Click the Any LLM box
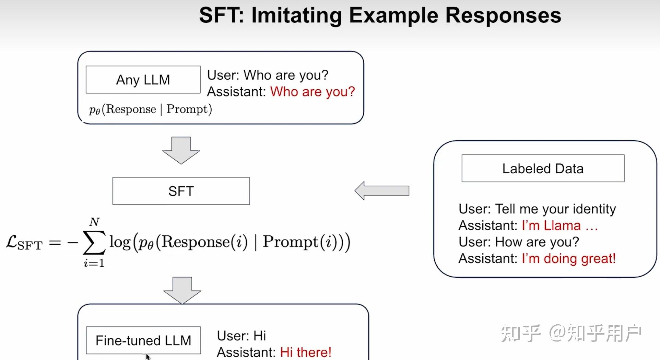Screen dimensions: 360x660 point(143,80)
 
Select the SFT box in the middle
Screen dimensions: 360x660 point(181,191)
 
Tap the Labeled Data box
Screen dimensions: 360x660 point(543,169)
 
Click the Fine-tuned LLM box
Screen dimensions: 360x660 point(143,340)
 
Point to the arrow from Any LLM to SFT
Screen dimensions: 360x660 point(181,150)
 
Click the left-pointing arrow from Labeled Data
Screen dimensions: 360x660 point(381,191)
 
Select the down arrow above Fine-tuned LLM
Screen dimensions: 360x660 point(182,290)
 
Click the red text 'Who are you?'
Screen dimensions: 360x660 point(312,92)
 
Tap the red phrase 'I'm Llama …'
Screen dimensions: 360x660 point(559,225)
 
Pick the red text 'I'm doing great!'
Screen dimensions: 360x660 point(568,258)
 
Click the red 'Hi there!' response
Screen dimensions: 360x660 point(305,352)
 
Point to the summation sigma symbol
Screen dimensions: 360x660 point(94,242)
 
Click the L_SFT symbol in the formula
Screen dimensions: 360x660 point(24,243)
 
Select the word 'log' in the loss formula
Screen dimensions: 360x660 point(120,242)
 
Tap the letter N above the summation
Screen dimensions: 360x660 point(94,222)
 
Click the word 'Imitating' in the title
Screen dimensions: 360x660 point(296,15)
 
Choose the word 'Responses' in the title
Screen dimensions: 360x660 point(503,15)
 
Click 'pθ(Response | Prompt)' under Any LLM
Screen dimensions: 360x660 point(150,109)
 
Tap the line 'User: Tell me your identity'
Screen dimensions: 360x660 point(537,209)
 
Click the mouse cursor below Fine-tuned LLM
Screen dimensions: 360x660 point(148,357)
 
